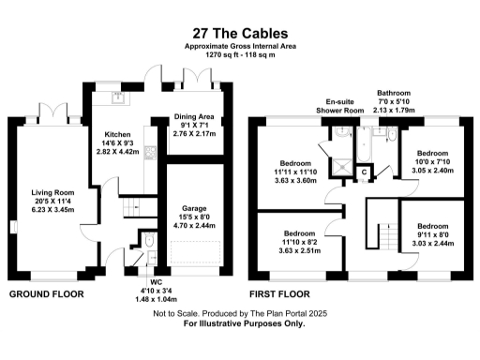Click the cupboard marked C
(x=365, y=172)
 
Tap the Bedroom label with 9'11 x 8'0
(x=432, y=235)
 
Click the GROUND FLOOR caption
(x=46, y=294)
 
